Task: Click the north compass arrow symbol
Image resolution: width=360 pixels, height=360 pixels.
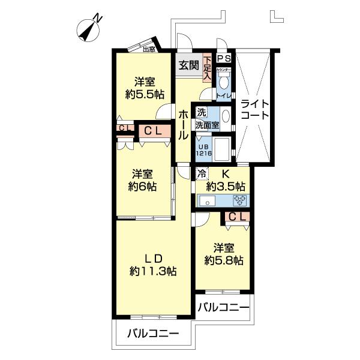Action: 89,28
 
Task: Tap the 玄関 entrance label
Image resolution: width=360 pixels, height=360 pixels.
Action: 188,65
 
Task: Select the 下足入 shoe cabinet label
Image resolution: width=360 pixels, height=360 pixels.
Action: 207,68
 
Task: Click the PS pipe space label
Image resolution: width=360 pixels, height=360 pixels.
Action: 224,58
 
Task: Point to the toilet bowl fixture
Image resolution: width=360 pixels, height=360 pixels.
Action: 224,83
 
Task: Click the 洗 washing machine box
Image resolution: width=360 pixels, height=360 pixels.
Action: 202,112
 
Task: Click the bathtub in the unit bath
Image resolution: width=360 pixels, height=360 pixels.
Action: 220,148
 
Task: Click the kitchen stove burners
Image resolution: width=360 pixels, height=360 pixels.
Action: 240,200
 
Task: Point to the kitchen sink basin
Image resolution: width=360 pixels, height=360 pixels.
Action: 208,200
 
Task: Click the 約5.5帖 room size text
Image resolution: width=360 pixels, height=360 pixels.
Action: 145,94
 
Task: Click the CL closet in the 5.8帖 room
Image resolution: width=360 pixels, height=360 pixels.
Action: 236,217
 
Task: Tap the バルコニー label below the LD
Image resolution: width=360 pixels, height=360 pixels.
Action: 152,334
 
